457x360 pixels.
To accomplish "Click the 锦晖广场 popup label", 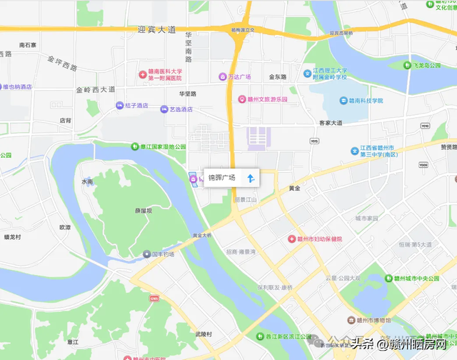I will (x=221, y=178).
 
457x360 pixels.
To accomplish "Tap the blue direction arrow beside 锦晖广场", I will (x=250, y=178).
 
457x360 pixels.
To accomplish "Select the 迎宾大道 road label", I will (x=156, y=30).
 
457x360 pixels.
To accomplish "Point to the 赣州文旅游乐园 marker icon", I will (x=243, y=99).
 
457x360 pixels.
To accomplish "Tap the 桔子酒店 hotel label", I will (x=136, y=106).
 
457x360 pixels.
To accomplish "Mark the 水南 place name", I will (x=87, y=182).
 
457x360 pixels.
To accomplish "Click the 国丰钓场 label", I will (x=163, y=254).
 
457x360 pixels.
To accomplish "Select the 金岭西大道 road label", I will (x=96, y=90).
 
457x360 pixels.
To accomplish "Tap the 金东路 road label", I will (x=277, y=76).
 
